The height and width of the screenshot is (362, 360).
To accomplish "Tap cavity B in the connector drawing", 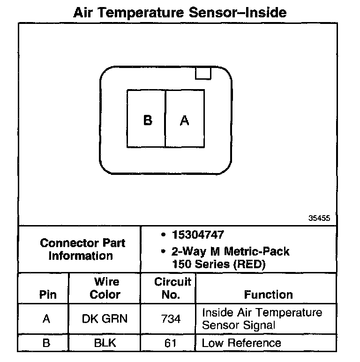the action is (147, 120).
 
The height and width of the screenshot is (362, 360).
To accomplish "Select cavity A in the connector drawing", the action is (185, 120).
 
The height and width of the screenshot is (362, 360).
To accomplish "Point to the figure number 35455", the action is (320, 218).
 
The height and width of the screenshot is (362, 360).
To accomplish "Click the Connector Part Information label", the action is (82, 249).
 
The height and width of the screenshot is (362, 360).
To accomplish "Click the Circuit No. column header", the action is (172, 288).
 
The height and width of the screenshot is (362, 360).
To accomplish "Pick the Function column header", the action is (268, 294).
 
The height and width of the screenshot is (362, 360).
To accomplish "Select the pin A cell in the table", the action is (46, 319).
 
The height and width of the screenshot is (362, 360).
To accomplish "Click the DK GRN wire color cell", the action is (105, 319).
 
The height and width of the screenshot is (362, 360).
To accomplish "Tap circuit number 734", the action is (170, 319).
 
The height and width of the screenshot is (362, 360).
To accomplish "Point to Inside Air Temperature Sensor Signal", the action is (262, 318).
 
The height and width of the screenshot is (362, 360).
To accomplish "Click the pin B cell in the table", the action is (46, 343).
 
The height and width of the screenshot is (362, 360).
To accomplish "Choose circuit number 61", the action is (170, 343).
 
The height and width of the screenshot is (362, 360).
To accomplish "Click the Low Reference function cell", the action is (241, 343).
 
